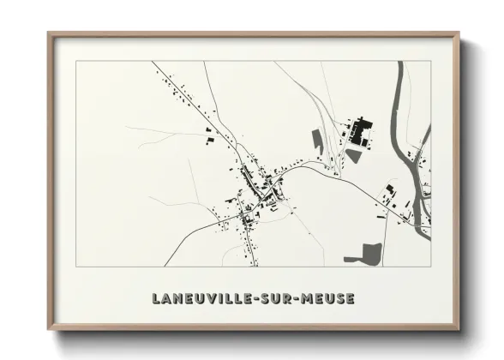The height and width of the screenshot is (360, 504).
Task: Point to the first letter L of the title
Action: click(x=156, y=299)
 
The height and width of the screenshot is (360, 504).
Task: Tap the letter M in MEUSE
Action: click(x=308, y=299)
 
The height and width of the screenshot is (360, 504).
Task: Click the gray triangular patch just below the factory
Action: click(x=353, y=156)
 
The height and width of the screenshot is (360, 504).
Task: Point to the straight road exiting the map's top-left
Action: click(x=171, y=79)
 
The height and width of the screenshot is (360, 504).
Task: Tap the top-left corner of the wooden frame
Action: click(x=49, y=34)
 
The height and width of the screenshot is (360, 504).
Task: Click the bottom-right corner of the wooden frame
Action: click(x=458, y=329)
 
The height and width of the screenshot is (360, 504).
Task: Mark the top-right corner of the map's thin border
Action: click(x=430, y=61)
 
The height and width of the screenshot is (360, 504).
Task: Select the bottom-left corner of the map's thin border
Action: click(x=75, y=267)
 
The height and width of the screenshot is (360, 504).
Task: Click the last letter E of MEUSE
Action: click(x=349, y=299)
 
